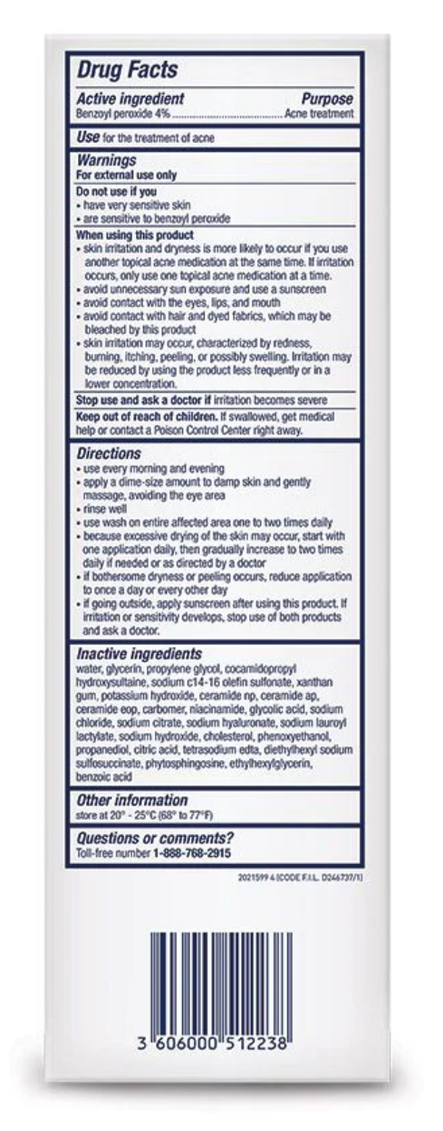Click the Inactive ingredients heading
click(x=139, y=653)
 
